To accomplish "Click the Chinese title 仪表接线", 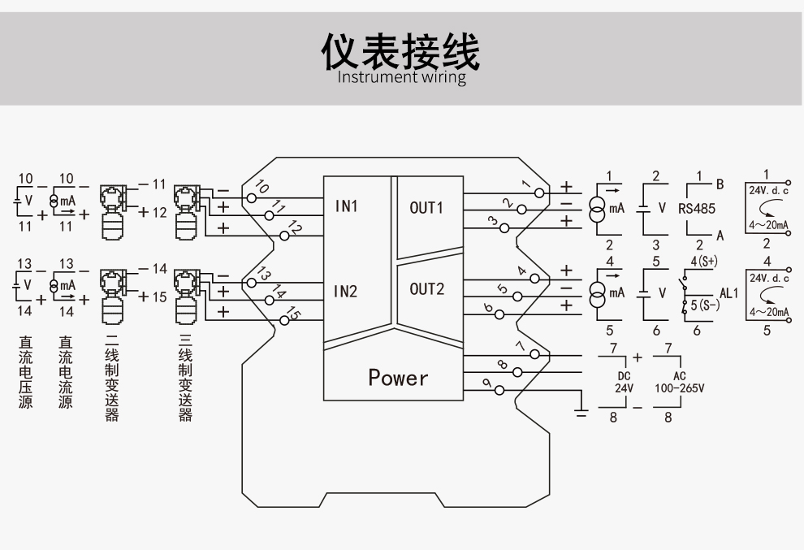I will pos(401,50).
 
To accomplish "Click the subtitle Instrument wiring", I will pos(401,78).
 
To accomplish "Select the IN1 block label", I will pos(347,206).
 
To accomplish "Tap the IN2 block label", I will pos(347,291).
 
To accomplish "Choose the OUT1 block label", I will pos(426,207).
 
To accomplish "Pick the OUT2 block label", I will pos(426,288).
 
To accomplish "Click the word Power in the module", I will pos(397,378).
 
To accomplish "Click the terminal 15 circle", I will pos(284,321).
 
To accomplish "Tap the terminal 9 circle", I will pos(499,391).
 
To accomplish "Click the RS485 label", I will pos(697,208).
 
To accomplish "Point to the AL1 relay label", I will pos(728,292).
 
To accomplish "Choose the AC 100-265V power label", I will pos(679,383).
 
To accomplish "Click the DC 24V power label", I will pos(623,383).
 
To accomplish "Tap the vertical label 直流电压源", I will pos(25,373).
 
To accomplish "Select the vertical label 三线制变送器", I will pos(185,379).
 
